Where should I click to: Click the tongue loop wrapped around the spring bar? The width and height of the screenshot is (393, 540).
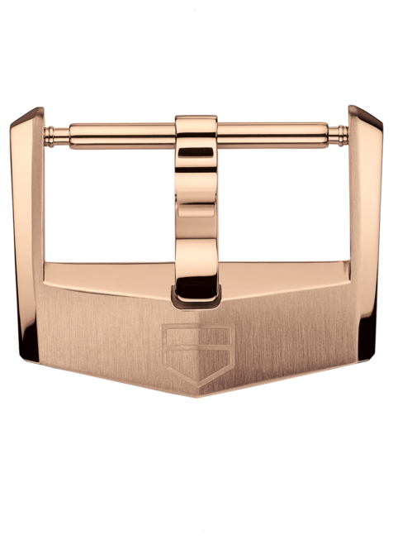point(196,129)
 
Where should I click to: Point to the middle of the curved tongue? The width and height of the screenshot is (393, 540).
point(196,207)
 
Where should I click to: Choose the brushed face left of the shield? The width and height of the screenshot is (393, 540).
point(107,331)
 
